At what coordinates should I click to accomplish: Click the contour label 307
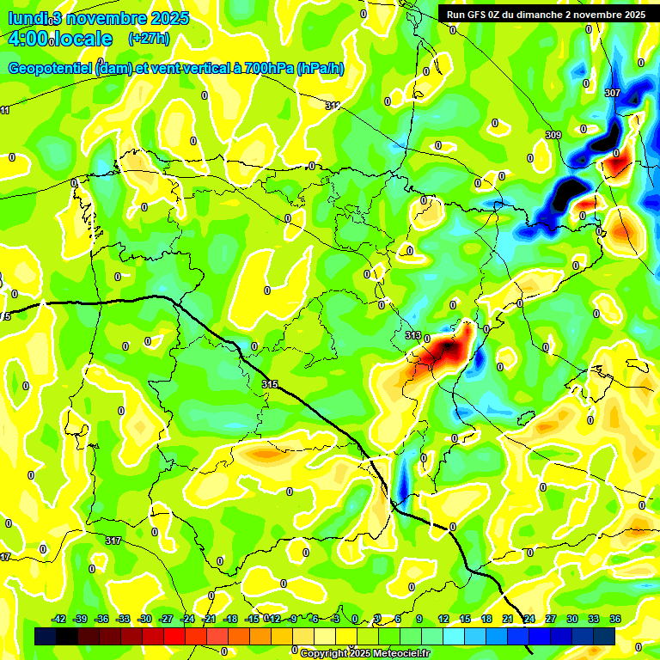point(612,92)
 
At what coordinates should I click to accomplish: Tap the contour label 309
point(553,135)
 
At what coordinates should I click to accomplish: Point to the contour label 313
point(412,335)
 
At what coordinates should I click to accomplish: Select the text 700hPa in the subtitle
point(262,69)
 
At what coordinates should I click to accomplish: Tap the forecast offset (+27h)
point(149,39)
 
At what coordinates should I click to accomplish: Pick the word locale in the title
point(84,39)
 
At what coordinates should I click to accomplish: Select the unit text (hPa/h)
point(320,69)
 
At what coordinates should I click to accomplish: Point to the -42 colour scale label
point(58,619)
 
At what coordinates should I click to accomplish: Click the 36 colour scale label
point(615,619)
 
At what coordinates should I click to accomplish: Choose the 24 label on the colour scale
point(529,619)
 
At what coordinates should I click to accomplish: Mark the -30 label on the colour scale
point(144,619)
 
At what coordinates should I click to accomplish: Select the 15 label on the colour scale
point(464,619)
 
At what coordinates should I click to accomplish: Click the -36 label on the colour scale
point(101,619)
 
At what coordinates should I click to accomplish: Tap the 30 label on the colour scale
point(572,619)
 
